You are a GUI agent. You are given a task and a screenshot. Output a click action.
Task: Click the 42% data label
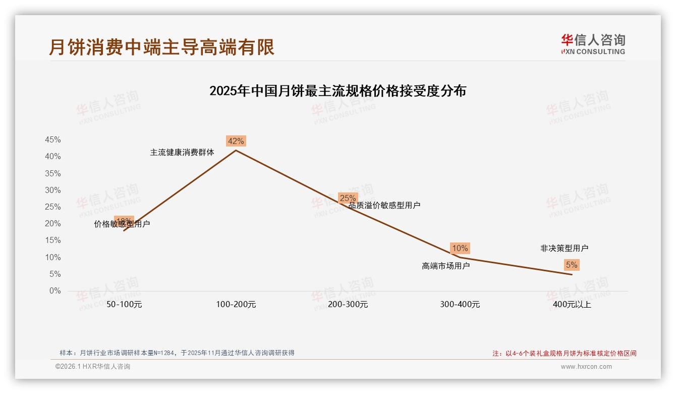coord(236,141)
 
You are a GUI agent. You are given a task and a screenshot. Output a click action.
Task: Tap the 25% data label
coord(348,198)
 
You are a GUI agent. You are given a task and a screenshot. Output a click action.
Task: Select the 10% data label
coord(460,248)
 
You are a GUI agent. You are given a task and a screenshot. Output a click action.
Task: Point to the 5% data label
coord(572,265)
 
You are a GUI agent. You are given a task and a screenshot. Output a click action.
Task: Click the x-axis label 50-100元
coord(124,305)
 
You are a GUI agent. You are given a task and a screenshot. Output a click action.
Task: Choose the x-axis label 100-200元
coord(236,305)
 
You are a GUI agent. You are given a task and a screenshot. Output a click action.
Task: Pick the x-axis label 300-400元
coord(460,305)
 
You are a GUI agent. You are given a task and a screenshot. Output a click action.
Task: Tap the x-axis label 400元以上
coord(572,305)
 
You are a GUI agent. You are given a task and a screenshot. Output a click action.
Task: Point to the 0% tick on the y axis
coord(54,291)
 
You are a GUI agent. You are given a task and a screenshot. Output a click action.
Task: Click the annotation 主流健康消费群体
coord(182,152)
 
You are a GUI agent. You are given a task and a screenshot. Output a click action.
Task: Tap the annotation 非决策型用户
coord(564,248)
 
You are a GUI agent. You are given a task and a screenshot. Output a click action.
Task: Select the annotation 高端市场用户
coord(445,266)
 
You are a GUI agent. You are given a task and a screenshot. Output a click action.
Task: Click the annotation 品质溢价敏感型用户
coord(384,205)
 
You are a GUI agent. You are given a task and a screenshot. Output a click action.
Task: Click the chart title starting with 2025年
coord(337,91)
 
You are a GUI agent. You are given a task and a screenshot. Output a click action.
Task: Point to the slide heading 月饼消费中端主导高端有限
coord(161,47)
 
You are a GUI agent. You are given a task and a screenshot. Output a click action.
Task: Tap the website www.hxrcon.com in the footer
coord(586,367)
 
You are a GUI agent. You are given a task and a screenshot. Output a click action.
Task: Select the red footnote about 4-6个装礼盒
coord(565,354)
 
